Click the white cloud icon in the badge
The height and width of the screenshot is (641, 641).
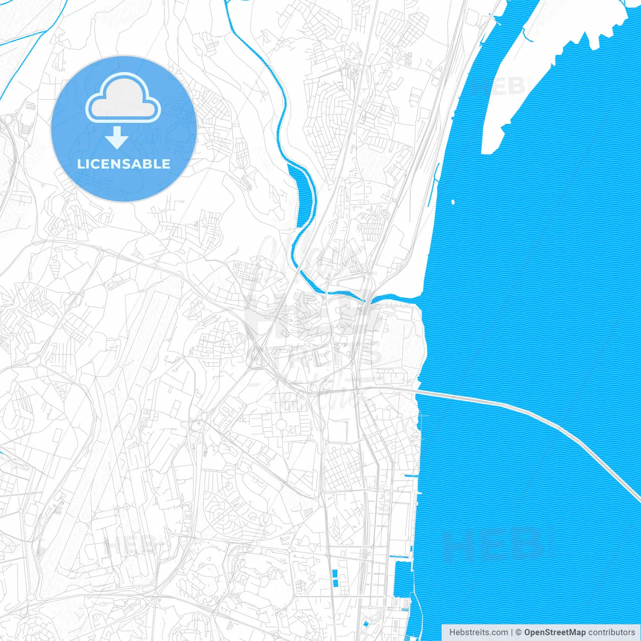tap(123, 98)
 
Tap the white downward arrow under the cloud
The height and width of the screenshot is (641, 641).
tap(117, 138)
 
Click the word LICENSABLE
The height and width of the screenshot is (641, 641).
tap(124, 164)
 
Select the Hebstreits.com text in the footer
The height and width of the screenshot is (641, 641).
tap(478, 632)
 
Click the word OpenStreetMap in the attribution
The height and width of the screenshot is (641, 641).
tap(554, 632)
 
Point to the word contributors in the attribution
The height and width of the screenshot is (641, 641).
tap(611, 632)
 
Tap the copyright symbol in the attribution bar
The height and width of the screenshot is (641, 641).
tap(519, 632)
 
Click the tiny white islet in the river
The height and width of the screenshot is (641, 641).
tap(453, 202)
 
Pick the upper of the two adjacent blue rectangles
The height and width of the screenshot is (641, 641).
tap(335, 574)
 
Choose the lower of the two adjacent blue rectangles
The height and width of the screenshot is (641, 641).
tap(334, 583)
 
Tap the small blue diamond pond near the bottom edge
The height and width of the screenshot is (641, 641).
tap(366, 623)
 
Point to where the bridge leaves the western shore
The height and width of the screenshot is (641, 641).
tap(418, 392)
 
